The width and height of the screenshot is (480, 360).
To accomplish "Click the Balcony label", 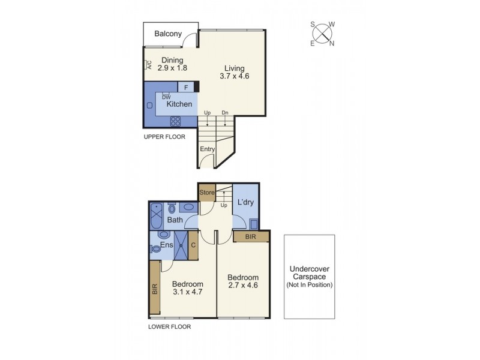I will [x=168, y=34].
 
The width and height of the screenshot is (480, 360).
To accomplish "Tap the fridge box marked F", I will [x=186, y=87].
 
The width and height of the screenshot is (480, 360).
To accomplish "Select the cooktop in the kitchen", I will [x=176, y=121].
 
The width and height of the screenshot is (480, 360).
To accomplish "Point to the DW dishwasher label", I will [x=166, y=97].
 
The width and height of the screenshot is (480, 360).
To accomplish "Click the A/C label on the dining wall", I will [x=148, y=65].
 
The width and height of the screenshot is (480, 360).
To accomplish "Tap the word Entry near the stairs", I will [x=208, y=149].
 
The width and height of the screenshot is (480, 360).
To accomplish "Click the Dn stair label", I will [x=224, y=113].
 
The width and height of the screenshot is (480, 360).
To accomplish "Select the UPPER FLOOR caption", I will [x=164, y=137].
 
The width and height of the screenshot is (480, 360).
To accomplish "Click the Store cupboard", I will [x=207, y=193].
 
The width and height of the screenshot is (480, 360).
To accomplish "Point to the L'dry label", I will [x=246, y=202].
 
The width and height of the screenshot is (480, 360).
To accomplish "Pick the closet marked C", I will [x=193, y=245].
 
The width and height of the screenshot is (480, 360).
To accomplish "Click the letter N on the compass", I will [x=332, y=43].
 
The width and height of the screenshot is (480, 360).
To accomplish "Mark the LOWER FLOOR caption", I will [x=169, y=327].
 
